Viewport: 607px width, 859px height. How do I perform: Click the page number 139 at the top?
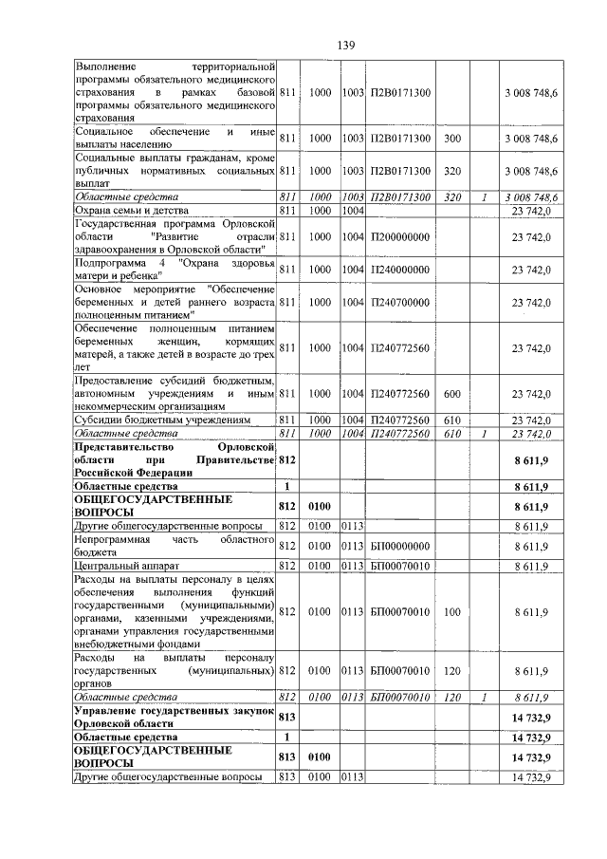pyautogui.click(x=345, y=46)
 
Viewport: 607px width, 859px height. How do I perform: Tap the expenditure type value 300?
pyautogui.click(x=451, y=139)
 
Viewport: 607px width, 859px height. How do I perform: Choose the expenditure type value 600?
pyautogui.click(x=451, y=394)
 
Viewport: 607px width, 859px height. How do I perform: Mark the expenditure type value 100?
pyautogui.click(x=451, y=612)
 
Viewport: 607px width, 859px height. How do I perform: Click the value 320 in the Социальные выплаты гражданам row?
pyautogui.click(x=451, y=172)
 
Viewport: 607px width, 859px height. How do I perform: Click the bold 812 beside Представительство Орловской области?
pyautogui.click(x=288, y=460)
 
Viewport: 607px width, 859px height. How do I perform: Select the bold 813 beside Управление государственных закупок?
pyautogui.click(x=288, y=716)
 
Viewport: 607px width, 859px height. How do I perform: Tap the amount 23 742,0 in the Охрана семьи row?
pyautogui.click(x=531, y=210)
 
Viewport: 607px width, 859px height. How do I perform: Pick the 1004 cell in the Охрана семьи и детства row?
pyautogui.click(x=353, y=210)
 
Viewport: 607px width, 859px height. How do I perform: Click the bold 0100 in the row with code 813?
pyautogui.click(x=320, y=756)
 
